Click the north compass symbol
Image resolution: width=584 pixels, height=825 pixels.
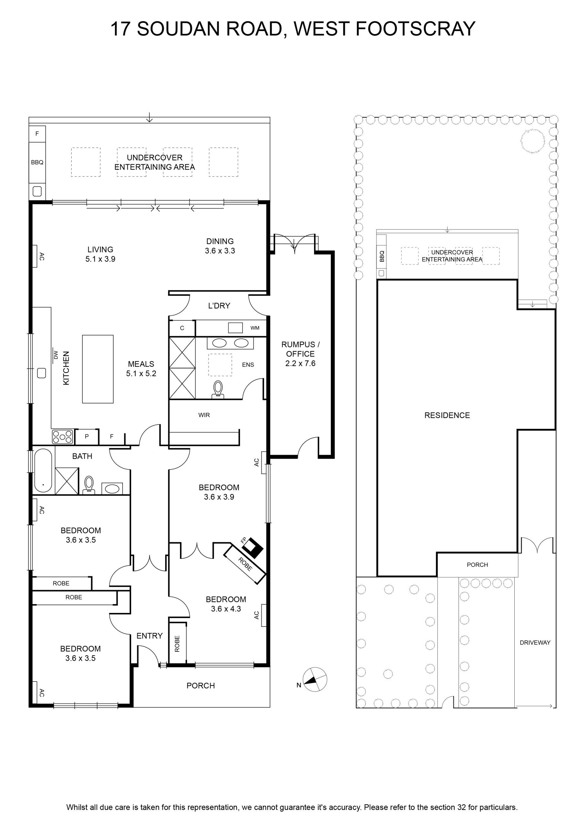click(315, 679)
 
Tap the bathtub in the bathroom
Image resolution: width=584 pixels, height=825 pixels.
click(43, 471)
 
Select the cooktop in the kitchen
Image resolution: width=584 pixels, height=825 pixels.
click(63, 437)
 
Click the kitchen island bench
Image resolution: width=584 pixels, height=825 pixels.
click(98, 369)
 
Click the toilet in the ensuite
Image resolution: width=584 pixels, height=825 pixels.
click(218, 390)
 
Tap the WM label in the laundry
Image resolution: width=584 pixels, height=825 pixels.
click(255, 328)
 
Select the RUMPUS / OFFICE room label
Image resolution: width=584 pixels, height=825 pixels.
click(300, 349)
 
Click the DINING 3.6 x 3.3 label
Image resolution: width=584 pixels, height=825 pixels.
click(220, 246)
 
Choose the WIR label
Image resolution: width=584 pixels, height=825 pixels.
click(204, 415)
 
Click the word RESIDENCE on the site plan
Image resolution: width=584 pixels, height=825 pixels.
click(447, 415)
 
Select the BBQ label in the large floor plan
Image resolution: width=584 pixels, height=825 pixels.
click(37, 162)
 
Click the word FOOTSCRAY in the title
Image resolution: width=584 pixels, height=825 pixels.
click(416, 29)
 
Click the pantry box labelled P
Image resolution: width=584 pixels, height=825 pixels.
click(87, 437)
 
